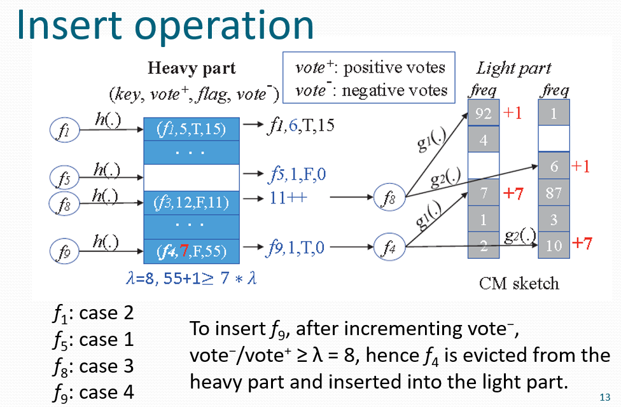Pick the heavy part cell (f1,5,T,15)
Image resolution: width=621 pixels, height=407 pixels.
tap(191, 130)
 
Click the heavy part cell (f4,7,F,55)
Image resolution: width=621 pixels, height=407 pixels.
tap(191, 250)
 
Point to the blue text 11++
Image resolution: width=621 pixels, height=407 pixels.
tap(288, 197)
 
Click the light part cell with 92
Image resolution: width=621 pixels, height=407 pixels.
tap(484, 114)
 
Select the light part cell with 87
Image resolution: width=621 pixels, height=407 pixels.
tap(554, 192)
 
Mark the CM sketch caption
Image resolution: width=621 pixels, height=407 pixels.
tap(519, 282)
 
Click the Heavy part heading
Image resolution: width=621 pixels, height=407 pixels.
tap(192, 68)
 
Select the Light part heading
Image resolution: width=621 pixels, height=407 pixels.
tap(513, 68)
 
